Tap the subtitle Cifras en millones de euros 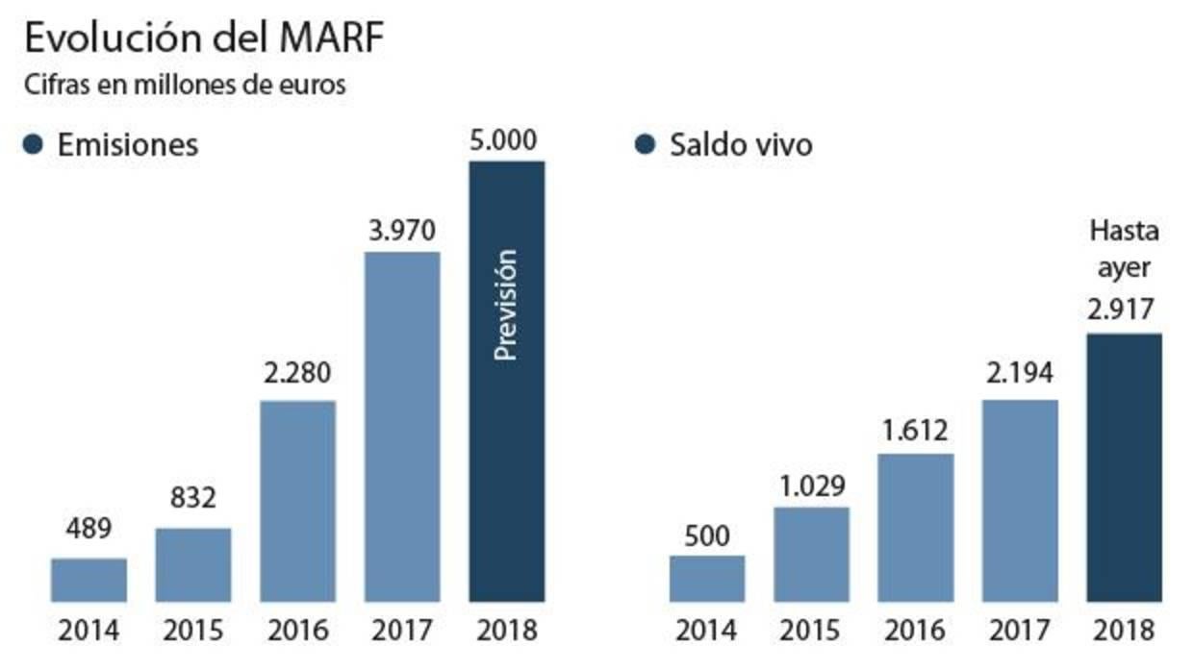pos(186,84)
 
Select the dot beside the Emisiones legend pos(34,144)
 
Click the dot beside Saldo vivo pos(647,144)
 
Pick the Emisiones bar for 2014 pos(89,580)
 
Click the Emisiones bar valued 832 pos(193,565)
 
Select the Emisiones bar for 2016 pos(297,501)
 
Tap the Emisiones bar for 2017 pos(402,427)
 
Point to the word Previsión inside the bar pos(506,305)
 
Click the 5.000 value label pos(506,140)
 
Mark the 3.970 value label pos(402,232)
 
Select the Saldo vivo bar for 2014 pos(707,579)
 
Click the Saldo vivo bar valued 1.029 pos(811,554)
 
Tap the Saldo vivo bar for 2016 pos(916,528)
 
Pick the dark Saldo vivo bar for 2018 pos(1124,467)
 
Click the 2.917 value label pos(1124,311)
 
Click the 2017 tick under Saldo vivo pos(1020,632)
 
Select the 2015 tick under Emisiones pos(193,632)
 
